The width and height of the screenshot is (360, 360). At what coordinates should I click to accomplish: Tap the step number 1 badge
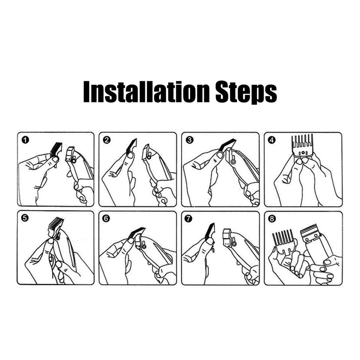point(26,140)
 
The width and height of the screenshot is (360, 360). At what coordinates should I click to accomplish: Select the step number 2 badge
point(107,140)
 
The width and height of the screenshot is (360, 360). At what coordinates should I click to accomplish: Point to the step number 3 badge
point(189,140)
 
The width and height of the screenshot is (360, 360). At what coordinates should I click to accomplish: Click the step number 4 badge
point(272,140)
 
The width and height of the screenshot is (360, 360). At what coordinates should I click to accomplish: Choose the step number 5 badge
point(25,218)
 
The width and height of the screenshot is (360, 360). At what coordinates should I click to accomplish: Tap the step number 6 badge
point(106,218)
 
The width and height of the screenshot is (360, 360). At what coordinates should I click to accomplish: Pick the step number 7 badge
point(188,218)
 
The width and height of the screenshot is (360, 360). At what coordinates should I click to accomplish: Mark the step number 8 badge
point(271,219)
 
